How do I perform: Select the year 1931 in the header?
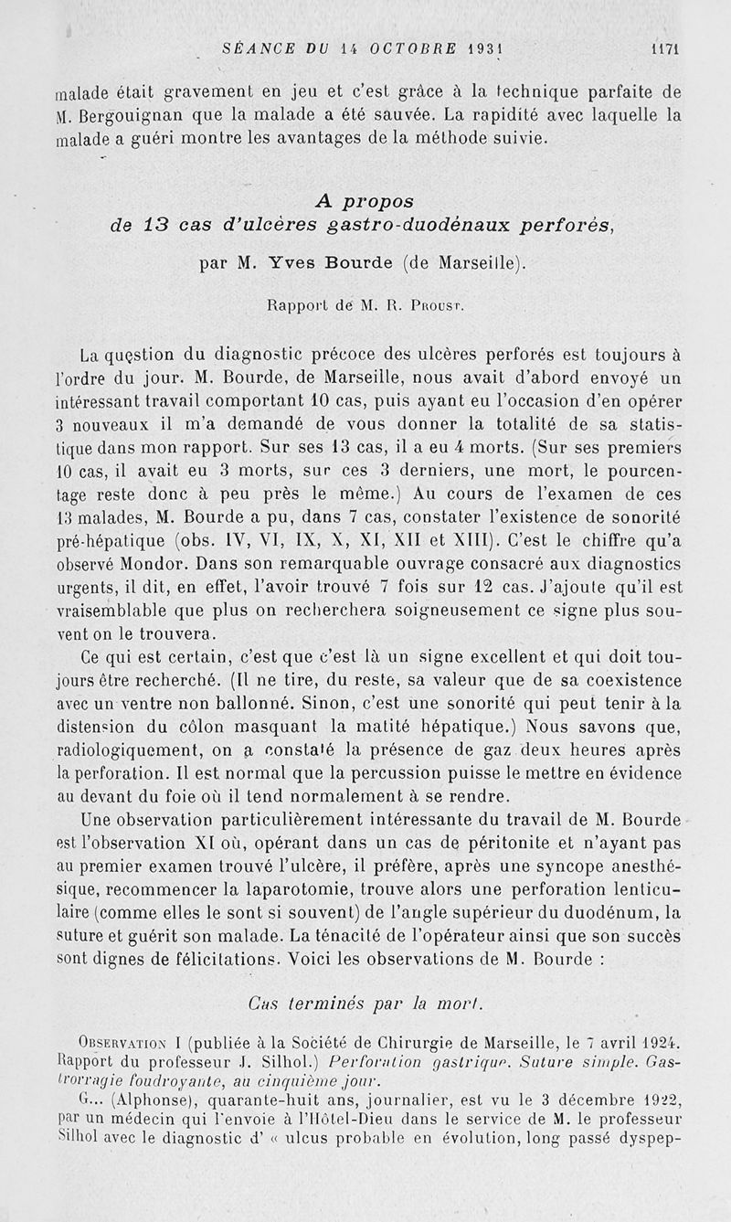pos(487,50)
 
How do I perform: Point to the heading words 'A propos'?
pos(365,200)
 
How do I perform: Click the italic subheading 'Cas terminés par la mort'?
pos(366,1002)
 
